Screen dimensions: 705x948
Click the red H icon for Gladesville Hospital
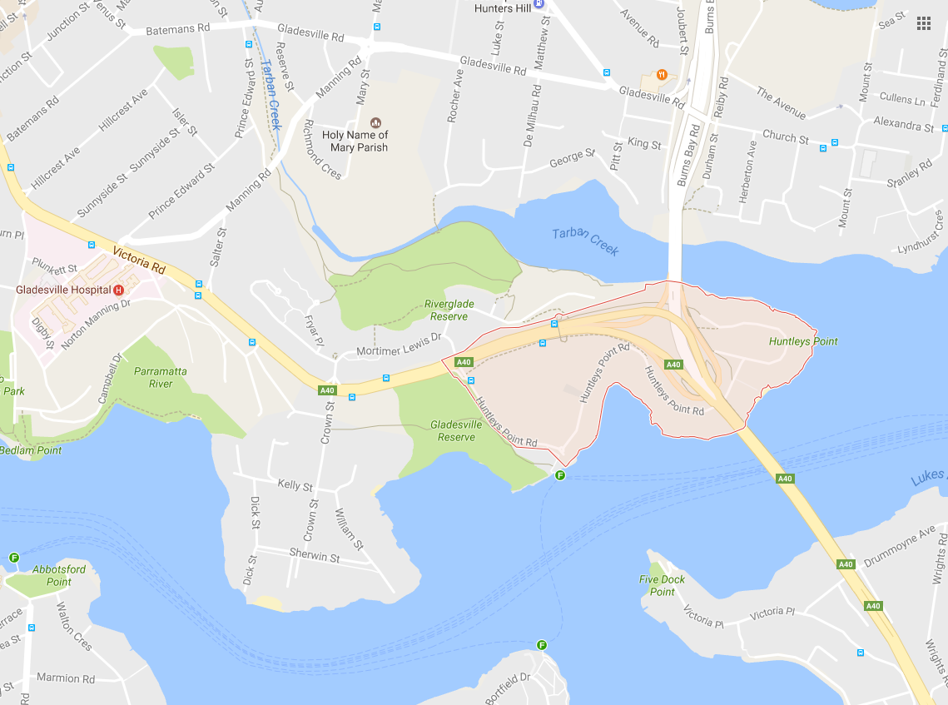coord(118,290)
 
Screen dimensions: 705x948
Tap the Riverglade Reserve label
coord(449,310)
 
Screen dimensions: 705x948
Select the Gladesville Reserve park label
coord(457,430)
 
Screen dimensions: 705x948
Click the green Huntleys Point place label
coord(803,341)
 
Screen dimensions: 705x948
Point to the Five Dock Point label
coord(662,585)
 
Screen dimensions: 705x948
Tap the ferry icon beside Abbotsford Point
coord(14,558)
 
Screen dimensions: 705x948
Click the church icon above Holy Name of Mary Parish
coord(375,122)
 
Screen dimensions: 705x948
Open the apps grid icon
coord(923,23)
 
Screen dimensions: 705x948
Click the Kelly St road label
coord(295,485)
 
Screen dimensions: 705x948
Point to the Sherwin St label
coord(314,555)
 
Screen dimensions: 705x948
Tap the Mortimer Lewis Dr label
coord(397,350)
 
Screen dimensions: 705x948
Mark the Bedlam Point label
coord(31,450)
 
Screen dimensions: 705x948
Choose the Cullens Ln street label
coord(903,99)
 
